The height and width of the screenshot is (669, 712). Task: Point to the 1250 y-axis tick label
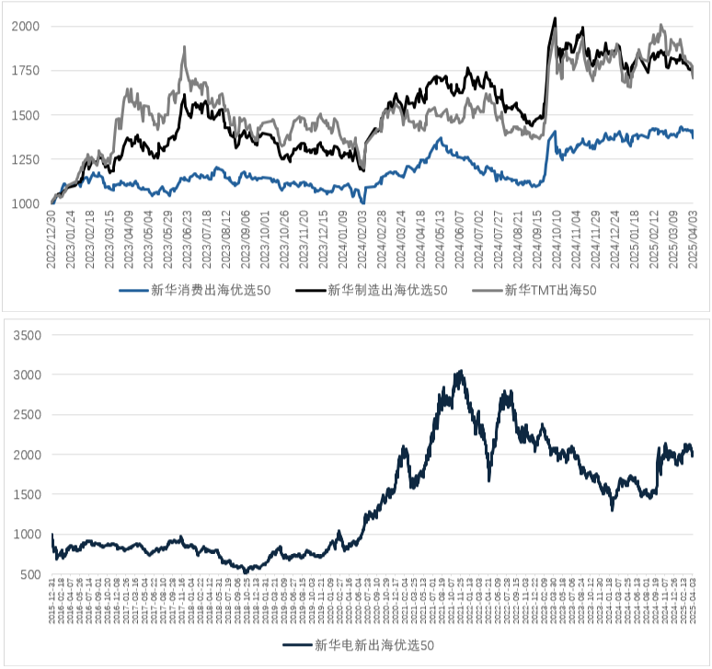pyautogui.click(x=25, y=159)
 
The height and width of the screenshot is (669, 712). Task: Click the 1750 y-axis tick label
pyautogui.click(x=25, y=71)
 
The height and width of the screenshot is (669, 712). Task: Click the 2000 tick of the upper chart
pyautogui.click(x=25, y=27)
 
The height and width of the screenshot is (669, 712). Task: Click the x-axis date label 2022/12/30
pyautogui.click(x=52, y=241)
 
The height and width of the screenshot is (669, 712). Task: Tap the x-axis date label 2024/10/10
pyautogui.click(x=555, y=241)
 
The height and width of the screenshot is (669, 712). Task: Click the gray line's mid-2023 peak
pyautogui.click(x=185, y=47)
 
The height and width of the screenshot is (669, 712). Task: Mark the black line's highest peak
pyautogui.click(x=554, y=18)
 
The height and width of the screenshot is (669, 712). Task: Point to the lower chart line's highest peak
pyautogui.click(x=461, y=371)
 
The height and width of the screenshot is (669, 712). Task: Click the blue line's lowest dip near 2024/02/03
pyautogui.click(x=363, y=202)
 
